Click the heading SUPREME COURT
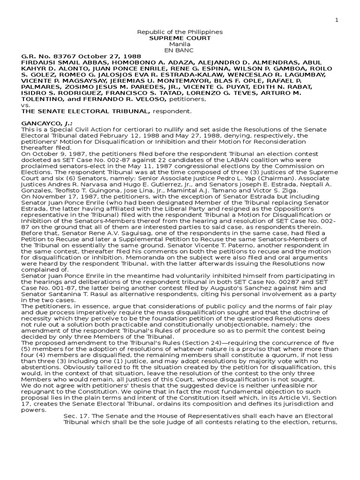(x=180, y=37)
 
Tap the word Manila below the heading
(x=180, y=44)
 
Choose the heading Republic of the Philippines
(x=180, y=31)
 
